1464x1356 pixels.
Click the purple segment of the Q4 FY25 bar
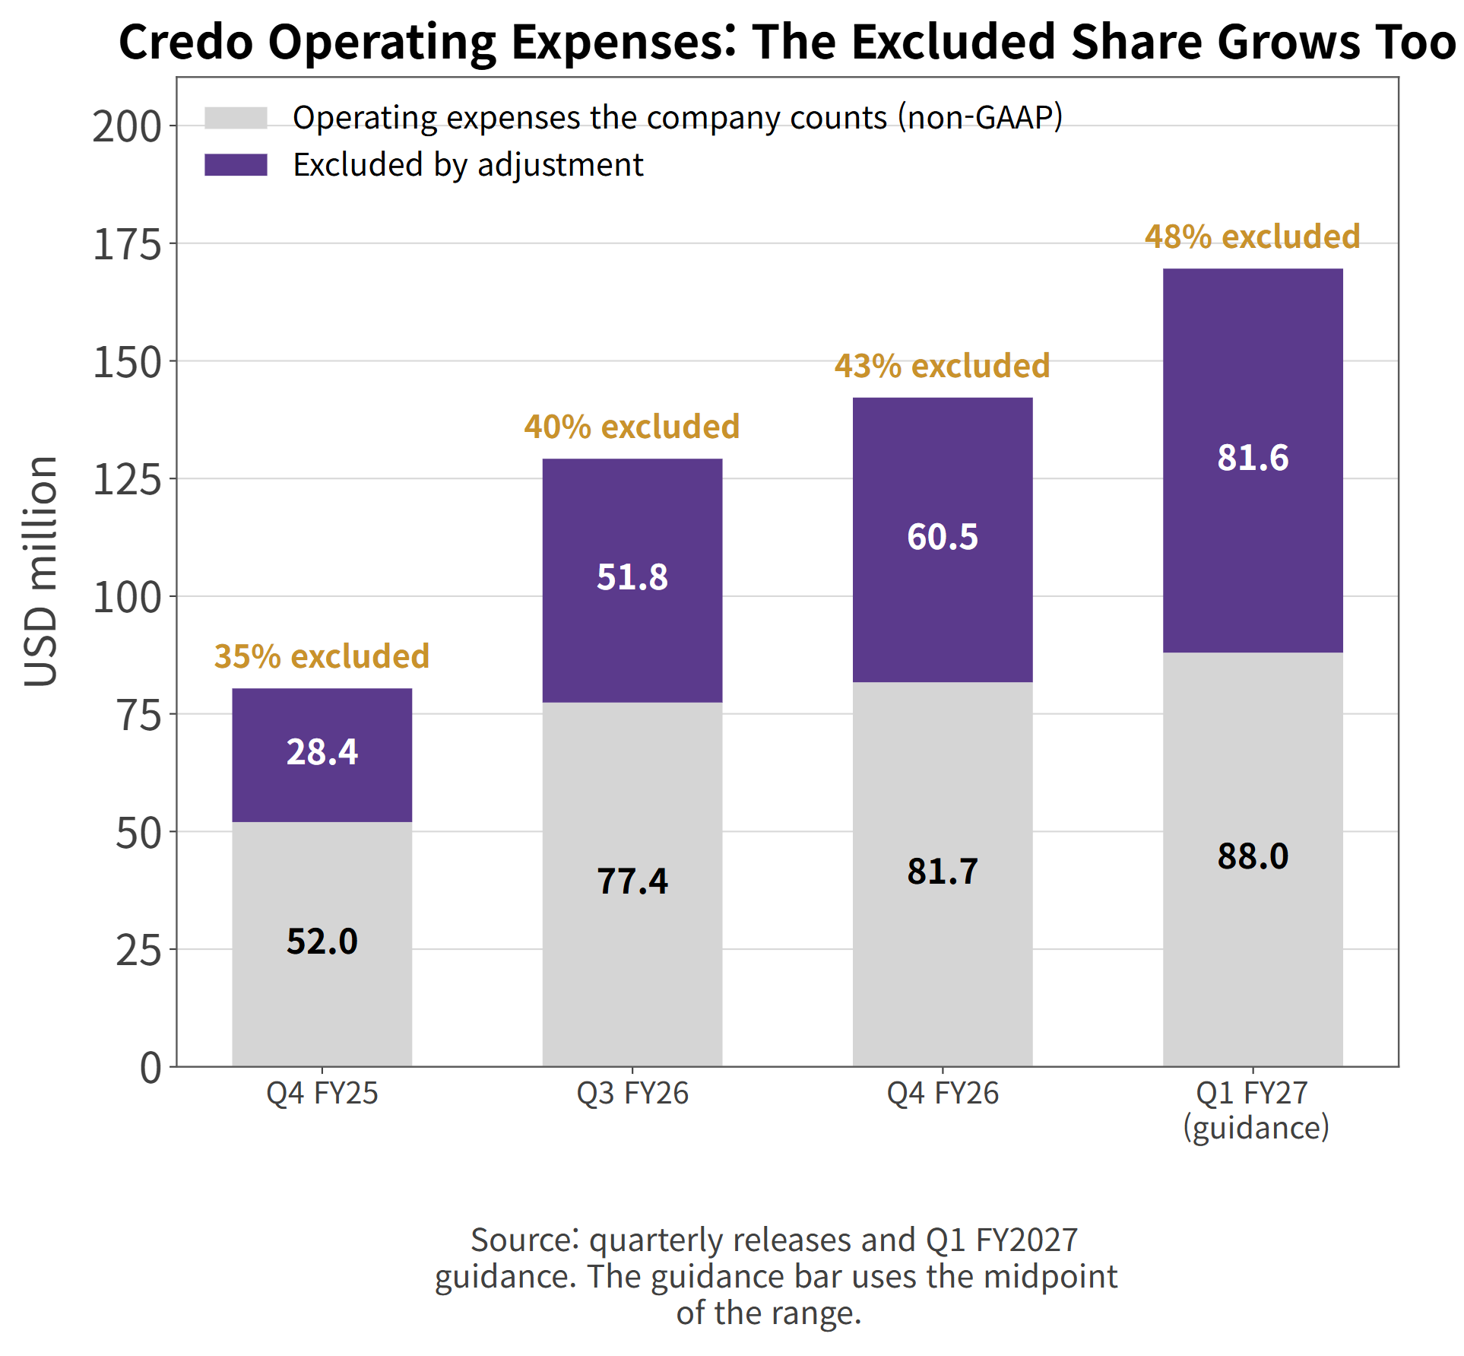[322, 755]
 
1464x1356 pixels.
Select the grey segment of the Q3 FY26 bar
[632, 884]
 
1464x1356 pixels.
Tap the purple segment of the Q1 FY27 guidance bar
[1253, 461]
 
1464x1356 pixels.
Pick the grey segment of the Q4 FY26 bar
[943, 875]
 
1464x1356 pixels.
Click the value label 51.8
[632, 577]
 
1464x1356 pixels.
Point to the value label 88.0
[1253, 856]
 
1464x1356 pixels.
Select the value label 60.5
[943, 537]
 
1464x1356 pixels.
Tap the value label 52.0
[322, 942]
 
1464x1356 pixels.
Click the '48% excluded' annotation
[1253, 237]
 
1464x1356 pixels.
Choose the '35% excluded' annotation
[322, 656]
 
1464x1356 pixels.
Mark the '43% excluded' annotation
[943, 366]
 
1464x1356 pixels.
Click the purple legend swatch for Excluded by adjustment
[236, 165]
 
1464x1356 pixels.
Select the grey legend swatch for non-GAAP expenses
[236, 118]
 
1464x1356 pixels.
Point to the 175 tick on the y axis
[127, 245]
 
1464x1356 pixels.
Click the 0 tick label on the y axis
[151, 1068]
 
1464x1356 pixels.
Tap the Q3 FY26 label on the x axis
[632, 1094]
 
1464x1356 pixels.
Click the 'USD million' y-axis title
[41, 572]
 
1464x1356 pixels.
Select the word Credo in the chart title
[185, 42]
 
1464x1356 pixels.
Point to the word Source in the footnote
[521, 1240]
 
